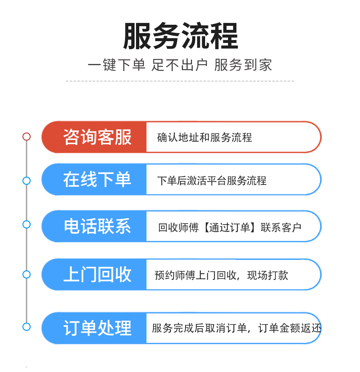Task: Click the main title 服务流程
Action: pyautogui.click(x=180, y=36)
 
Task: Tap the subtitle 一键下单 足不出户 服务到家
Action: pyautogui.click(x=180, y=66)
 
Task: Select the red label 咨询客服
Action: pyautogui.click(x=97, y=137)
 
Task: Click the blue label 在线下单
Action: pyautogui.click(x=97, y=180)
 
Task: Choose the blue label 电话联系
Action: pyautogui.click(x=97, y=226)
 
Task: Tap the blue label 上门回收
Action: pyautogui.click(x=97, y=274)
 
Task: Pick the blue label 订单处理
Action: pyautogui.click(x=97, y=328)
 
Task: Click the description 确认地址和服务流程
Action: pyautogui.click(x=204, y=138)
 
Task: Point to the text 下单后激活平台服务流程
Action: pyautogui.click(x=212, y=181)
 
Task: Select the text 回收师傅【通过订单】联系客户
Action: pyautogui.click(x=230, y=227)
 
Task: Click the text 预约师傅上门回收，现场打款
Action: pyautogui.click(x=221, y=275)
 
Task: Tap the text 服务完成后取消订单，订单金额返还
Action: pyautogui.click(x=236, y=328)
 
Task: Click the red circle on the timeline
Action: pyautogui.click(x=27, y=136)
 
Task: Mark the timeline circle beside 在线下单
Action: pyautogui.click(x=27, y=181)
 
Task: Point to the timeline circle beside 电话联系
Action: pyautogui.click(x=27, y=224)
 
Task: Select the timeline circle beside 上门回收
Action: pyautogui.click(x=27, y=274)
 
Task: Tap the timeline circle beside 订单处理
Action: pyautogui.click(x=27, y=327)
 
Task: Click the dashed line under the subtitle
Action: pyautogui.click(x=180, y=81)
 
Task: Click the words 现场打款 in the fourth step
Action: pyautogui.click(x=268, y=275)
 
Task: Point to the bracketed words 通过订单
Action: pyautogui.click(x=230, y=227)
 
